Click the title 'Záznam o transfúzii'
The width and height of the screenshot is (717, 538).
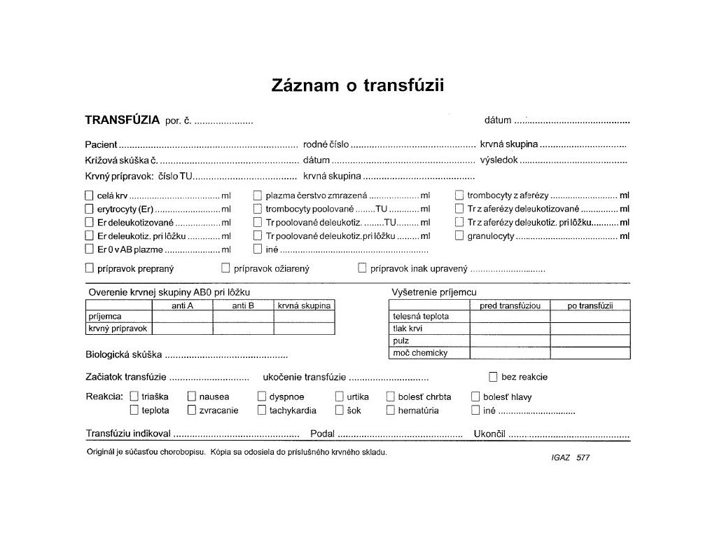358,85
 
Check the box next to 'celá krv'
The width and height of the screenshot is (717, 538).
89,196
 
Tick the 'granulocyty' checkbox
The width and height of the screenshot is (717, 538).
459,236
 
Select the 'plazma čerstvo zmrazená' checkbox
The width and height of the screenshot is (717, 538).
258,196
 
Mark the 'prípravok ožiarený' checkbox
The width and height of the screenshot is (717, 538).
225,268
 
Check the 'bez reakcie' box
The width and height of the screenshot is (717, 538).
493,377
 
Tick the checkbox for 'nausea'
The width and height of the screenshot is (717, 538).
191,396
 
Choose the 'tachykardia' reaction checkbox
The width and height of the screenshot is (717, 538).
262,411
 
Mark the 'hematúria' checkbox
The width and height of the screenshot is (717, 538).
391,411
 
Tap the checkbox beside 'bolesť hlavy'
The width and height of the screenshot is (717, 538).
475,396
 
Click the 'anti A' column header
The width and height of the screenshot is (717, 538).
182,305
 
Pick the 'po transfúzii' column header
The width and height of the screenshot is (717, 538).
590,305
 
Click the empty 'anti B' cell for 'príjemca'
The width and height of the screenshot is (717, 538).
243,317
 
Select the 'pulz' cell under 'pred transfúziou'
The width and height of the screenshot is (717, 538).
509,340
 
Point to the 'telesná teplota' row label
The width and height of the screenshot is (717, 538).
421,317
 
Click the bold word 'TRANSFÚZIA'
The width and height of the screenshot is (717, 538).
122,120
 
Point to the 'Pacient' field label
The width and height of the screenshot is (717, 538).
101,144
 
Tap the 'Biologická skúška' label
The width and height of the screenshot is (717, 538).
124,354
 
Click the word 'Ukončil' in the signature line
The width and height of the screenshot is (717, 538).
489,434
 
